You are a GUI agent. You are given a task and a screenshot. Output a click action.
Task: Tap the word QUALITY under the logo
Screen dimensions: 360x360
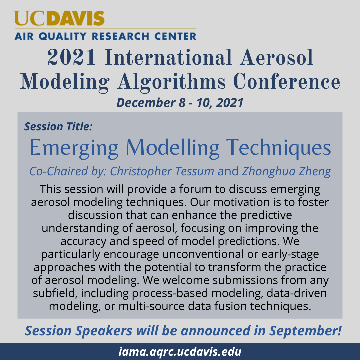coord(63,36)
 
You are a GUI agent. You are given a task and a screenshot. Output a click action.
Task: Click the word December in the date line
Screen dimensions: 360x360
coord(146,103)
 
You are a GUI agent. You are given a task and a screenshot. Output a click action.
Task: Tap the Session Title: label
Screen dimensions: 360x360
coord(59,127)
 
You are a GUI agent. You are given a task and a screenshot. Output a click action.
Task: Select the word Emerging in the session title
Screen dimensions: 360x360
coord(74,148)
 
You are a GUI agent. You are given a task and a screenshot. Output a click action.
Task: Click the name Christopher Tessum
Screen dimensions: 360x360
coord(162,172)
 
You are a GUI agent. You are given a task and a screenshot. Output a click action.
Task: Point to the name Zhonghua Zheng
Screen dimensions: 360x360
coord(286,172)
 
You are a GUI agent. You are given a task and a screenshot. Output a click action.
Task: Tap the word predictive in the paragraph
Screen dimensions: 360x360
coord(266,215)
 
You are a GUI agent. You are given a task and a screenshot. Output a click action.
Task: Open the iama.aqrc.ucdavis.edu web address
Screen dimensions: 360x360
coord(180,352)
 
